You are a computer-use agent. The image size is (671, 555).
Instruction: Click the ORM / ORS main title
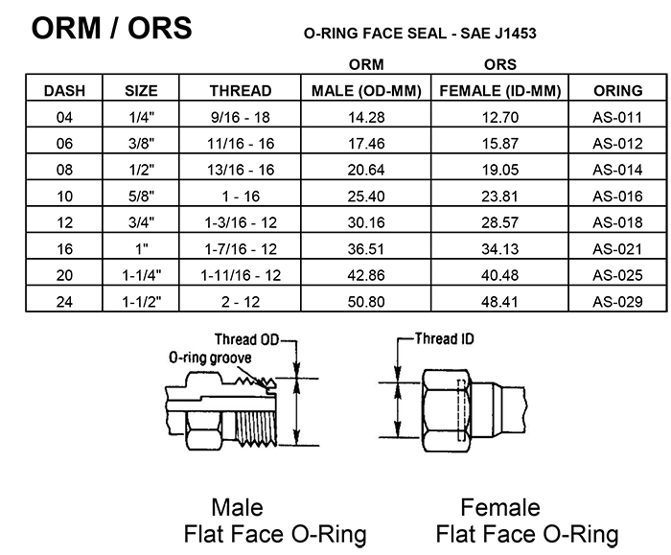click(x=111, y=28)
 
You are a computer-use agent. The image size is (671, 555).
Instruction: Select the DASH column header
click(x=65, y=91)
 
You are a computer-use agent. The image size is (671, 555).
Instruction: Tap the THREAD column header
click(x=240, y=91)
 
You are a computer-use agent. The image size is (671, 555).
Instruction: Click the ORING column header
click(x=617, y=91)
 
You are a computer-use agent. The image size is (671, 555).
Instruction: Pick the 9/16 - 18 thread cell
click(x=240, y=118)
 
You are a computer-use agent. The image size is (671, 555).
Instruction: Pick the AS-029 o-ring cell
click(x=616, y=302)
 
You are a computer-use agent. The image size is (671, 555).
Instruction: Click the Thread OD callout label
click(x=247, y=340)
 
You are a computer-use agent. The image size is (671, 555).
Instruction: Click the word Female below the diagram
click(x=499, y=507)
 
